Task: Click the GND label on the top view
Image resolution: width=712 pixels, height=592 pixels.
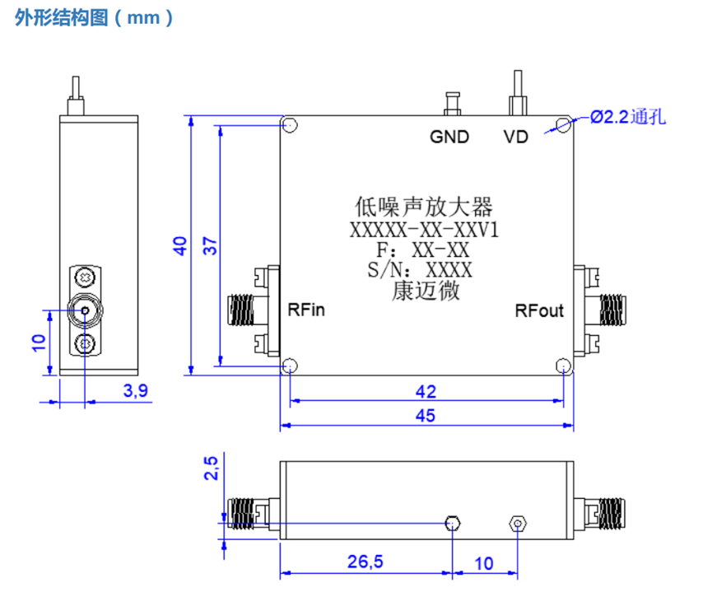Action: tap(449, 137)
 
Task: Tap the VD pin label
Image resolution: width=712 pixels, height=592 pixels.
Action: tap(516, 137)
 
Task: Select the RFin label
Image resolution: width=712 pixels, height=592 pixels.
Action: tap(306, 310)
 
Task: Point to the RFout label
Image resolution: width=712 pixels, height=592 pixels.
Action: tap(539, 310)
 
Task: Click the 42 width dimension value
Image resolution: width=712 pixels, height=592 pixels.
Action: tap(426, 391)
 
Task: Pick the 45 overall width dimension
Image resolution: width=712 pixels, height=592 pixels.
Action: tap(426, 415)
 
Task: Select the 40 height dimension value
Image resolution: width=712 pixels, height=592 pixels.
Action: tap(179, 246)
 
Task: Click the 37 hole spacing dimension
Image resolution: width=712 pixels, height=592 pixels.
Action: tap(210, 246)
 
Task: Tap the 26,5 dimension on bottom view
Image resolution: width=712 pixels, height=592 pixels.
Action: tap(365, 562)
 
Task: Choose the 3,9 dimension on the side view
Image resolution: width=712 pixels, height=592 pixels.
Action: tap(135, 391)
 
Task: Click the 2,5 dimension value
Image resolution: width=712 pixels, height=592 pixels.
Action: tap(211, 468)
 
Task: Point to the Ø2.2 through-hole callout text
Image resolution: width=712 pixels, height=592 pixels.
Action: tap(628, 117)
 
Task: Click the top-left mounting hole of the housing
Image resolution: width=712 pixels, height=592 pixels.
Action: tap(290, 124)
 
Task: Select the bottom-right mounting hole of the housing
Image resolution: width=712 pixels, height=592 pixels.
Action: tap(563, 366)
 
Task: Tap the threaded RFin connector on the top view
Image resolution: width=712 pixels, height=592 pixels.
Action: tap(240, 310)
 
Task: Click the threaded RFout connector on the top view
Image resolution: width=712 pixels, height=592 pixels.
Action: tap(612, 310)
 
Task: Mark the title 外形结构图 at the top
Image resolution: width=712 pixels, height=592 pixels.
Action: tap(61, 18)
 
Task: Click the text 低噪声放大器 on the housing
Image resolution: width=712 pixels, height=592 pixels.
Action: tap(424, 207)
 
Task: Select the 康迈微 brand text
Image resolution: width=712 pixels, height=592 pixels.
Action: tap(426, 291)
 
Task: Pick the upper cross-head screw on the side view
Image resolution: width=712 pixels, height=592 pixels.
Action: tap(85, 277)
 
